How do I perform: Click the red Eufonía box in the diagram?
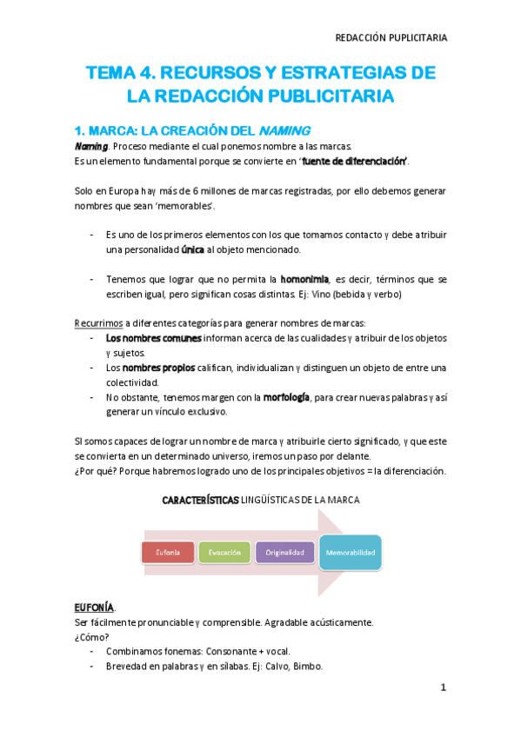click(x=168, y=552)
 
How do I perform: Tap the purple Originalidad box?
click(x=284, y=552)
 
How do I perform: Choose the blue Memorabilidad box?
click(x=351, y=551)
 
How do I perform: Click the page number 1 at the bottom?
click(x=443, y=687)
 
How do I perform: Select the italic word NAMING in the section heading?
click(x=284, y=130)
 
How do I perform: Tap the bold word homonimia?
click(x=304, y=280)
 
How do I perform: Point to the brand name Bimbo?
click(x=308, y=667)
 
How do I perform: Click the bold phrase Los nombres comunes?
click(x=153, y=338)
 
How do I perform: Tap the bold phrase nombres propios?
click(x=154, y=368)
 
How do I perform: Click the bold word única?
click(x=192, y=250)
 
